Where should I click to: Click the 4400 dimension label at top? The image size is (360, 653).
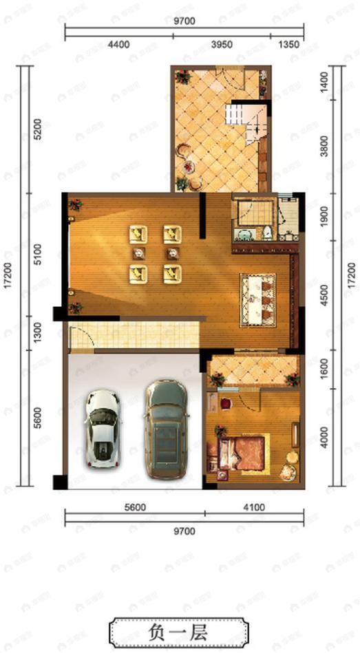119,44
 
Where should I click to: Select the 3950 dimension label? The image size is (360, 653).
222,44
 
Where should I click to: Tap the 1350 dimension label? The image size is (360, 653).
288,44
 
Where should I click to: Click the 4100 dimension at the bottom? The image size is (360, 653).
254,508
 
